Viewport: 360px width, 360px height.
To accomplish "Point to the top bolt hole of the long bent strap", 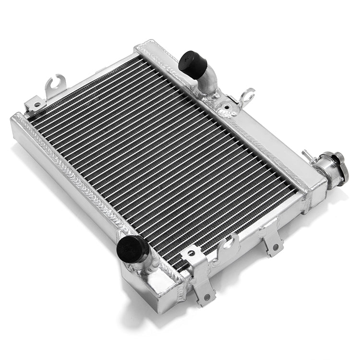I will click(192, 253).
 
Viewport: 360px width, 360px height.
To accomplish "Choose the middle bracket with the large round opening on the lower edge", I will click(228, 245).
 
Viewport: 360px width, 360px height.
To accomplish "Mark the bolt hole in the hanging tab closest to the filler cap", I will click(275, 248).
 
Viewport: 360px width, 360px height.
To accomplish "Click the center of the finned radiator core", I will click(163, 158).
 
